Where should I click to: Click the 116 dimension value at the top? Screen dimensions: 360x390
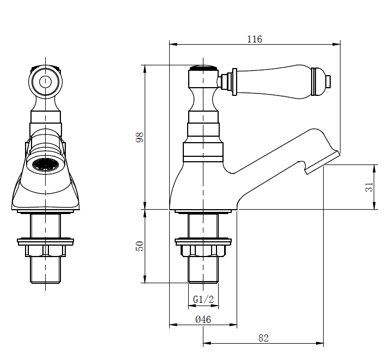(254, 39)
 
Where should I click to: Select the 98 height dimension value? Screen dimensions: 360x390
(139, 137)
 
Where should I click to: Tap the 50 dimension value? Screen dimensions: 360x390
(139, 246)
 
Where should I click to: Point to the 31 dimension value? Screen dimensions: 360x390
(369, 187)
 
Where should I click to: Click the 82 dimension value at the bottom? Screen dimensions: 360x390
(263, 338)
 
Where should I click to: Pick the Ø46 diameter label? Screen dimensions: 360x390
(203, 320)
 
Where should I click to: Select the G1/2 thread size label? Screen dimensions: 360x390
(203, 300)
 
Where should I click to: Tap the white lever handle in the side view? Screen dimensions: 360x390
(275, 81)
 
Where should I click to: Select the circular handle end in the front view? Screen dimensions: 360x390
(45, 82)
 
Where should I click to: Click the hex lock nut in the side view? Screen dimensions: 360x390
(203, 250)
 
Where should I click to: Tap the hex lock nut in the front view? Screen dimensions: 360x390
(45, 250)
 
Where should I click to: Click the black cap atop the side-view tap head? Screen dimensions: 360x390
(203, 69)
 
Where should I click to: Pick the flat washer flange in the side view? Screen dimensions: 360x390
(203, 240)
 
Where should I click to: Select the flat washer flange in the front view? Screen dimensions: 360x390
(45, 240)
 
